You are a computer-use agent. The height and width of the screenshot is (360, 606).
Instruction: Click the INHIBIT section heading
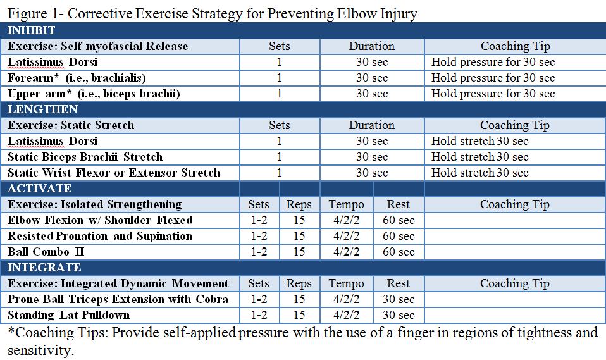31,30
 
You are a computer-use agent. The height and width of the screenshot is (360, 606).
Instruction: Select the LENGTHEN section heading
34,109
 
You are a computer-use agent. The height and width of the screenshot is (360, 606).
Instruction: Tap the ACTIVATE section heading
39,189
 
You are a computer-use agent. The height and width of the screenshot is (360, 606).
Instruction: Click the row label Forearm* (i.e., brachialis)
77,78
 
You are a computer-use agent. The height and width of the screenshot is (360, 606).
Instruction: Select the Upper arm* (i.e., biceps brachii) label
94,94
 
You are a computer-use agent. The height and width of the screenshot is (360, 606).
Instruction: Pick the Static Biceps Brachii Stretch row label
85,157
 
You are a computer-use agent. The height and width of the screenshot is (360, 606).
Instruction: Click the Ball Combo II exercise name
46,252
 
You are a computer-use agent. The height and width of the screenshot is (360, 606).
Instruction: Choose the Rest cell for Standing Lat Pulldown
399,315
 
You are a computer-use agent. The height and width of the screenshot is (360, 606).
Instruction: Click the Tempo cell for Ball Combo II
346,252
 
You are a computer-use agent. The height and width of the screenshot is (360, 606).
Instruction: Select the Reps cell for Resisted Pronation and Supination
299,236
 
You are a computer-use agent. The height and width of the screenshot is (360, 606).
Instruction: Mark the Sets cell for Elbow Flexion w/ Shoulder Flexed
259,220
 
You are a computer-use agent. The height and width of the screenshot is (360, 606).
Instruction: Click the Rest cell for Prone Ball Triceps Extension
399,299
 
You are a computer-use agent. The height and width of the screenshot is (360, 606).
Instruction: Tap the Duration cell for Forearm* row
372,78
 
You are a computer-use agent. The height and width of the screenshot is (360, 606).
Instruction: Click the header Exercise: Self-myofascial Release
97,46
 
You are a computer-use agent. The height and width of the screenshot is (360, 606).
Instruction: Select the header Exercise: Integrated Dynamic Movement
118,283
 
